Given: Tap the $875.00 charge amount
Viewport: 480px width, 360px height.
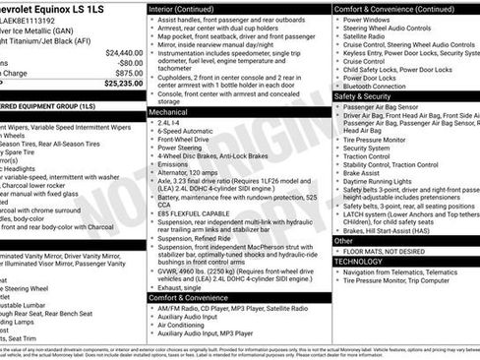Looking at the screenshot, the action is point(128,73).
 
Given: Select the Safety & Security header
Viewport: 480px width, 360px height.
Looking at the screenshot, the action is point(361,96).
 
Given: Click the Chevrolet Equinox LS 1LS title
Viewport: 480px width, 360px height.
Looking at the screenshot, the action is point(59,9).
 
